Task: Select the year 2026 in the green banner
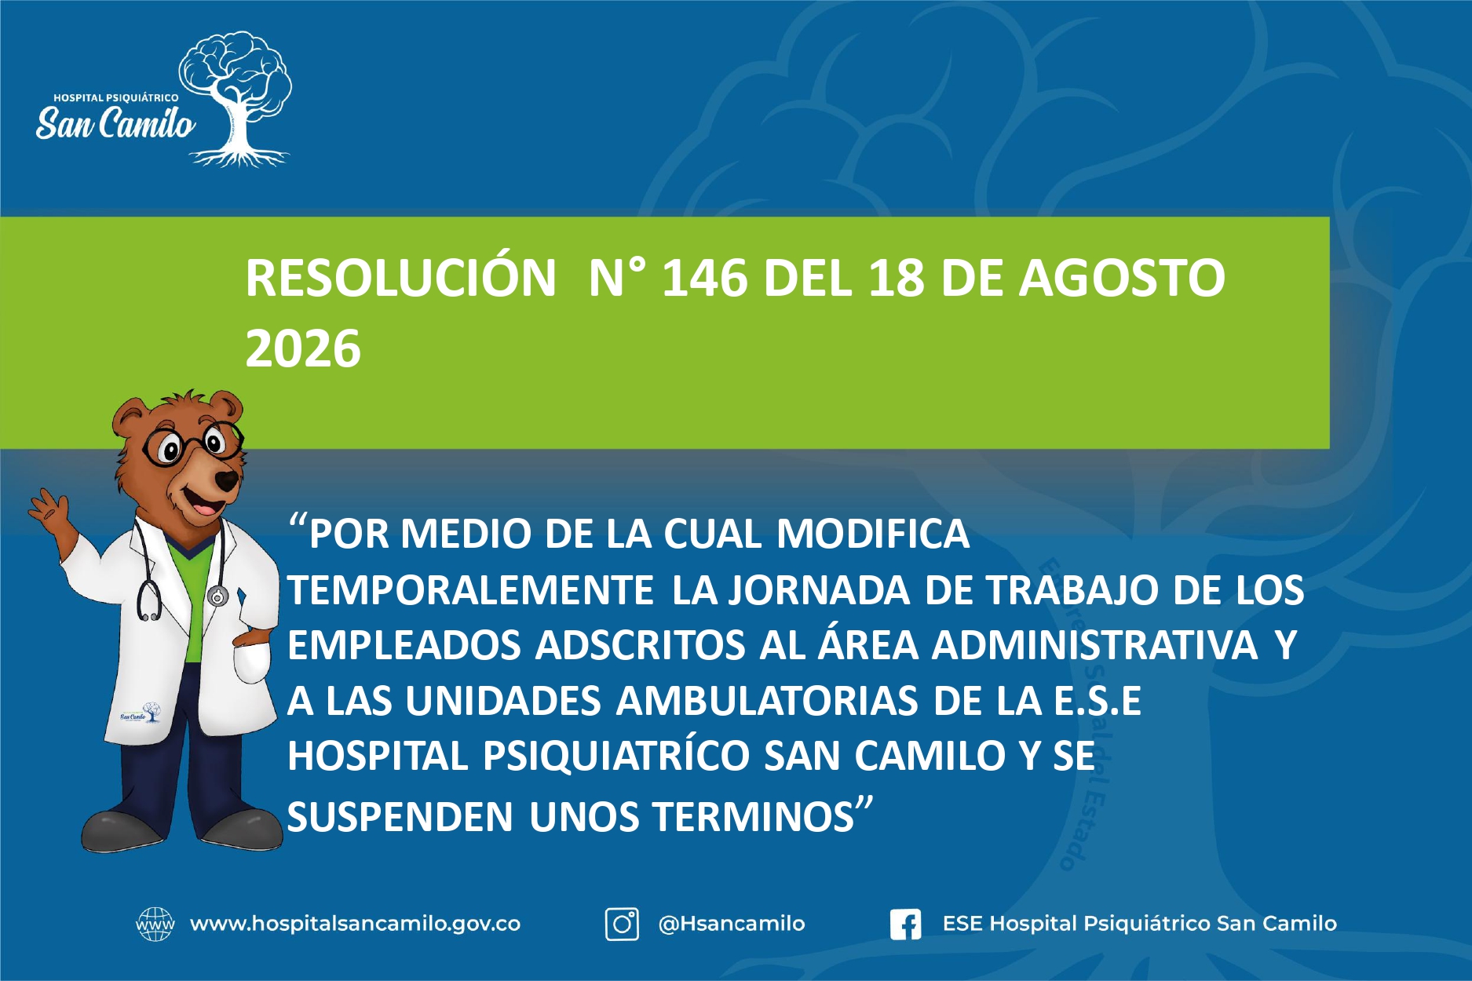click(303, 348)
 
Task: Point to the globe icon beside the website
click(155, 924)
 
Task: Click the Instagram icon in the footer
click(622, 924)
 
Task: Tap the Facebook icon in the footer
click(905, 924)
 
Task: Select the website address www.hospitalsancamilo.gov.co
click(355, 924)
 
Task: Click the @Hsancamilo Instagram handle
click(732, 924)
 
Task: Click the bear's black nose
click(227, 480)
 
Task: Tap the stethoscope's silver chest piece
click(217, 596)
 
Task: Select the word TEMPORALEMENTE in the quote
click(470, 590)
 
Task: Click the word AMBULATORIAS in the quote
click(765, 701)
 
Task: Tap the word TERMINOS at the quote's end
click(753, 817)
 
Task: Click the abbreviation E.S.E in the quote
click(1097, 701)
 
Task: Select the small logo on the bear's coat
click(141, 714)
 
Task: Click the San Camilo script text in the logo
click(115, 123)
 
